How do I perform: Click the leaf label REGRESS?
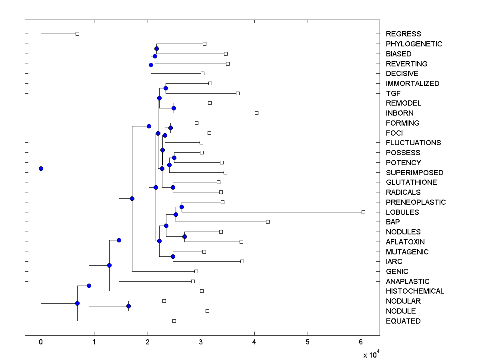point(403,34)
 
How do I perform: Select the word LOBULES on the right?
point(402,212)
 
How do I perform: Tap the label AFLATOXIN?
point(405,242)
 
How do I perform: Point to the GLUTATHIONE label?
point(411,182)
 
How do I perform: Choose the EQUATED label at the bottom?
point(403,321)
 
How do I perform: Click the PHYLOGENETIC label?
point(414,44)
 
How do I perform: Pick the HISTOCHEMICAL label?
point(415,291)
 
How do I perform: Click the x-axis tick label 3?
point(201,342)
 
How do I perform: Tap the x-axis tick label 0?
point(41,342)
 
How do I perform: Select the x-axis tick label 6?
point(361,342)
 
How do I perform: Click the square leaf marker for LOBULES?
point(363,212)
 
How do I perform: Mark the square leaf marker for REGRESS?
point(78,34)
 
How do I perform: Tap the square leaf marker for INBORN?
point(256,113)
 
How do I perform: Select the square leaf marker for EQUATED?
point(174,321)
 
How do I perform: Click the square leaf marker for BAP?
point(268,222)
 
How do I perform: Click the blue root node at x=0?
point(41,168)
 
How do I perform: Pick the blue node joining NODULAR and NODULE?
point(128,306)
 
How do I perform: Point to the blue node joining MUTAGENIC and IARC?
point(173,256)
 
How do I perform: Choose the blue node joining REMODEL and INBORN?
point(174,108)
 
